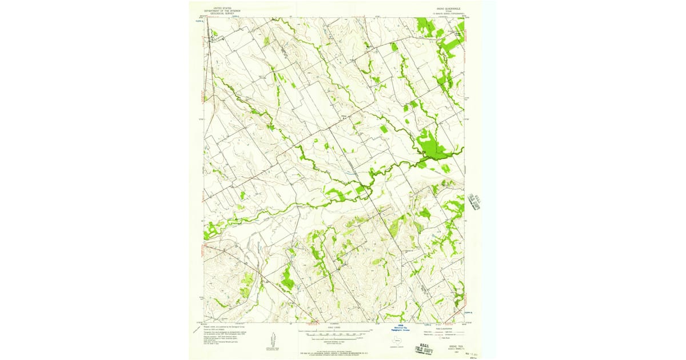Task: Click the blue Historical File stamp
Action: click(401, 329)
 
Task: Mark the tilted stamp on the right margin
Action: click(474, 201)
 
